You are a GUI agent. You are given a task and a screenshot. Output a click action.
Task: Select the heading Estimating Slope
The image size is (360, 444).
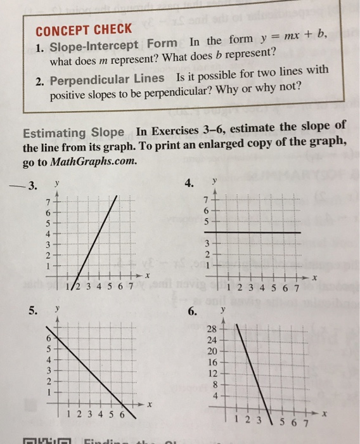pos(74,133)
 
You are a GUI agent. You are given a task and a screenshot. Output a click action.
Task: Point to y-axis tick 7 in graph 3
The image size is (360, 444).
pos(47,202)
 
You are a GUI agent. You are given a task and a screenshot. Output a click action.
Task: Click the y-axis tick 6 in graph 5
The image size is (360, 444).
pos(48,339)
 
